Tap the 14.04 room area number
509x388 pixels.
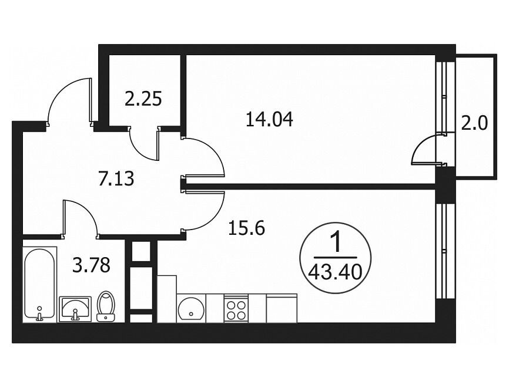click(269, 119)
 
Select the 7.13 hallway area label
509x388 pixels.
click(116, 178)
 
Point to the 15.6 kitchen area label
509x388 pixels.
click(247, 228)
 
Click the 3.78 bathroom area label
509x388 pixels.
click(92, 265)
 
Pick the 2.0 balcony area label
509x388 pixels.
click(474, 123)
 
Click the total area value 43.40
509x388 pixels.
click(335, 272)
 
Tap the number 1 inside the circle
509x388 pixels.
click(336, 243)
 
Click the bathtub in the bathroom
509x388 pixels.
click(39, 284)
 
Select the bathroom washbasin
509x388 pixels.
click(75, 309)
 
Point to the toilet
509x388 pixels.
click(106, 306)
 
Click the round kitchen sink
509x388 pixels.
click(191, 308)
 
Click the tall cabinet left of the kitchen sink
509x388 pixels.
click(167, 299)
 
